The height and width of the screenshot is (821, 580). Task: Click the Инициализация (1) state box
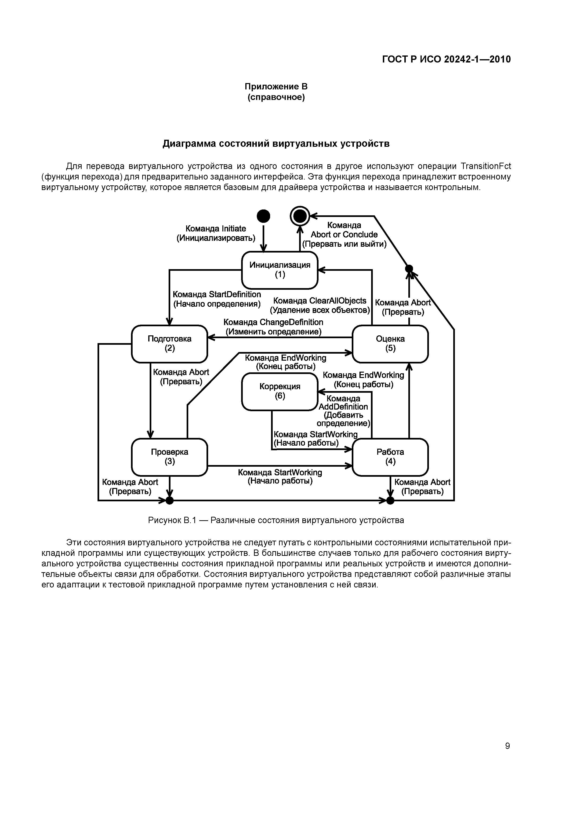(280, 270)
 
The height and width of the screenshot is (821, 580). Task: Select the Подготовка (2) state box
(169, 344)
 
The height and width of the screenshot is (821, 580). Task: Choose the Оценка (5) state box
(390, 344)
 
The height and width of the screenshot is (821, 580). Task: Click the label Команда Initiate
(216, 228)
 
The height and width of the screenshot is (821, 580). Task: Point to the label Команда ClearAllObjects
(320, 301)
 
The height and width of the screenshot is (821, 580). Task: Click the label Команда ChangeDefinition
(273, 322)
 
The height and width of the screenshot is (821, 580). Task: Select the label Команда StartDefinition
(217, 294)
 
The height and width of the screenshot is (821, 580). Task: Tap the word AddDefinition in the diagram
(343, 407)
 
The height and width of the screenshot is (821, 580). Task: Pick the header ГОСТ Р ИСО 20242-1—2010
(446, 59)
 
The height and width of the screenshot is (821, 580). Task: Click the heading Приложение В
(276, 87)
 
